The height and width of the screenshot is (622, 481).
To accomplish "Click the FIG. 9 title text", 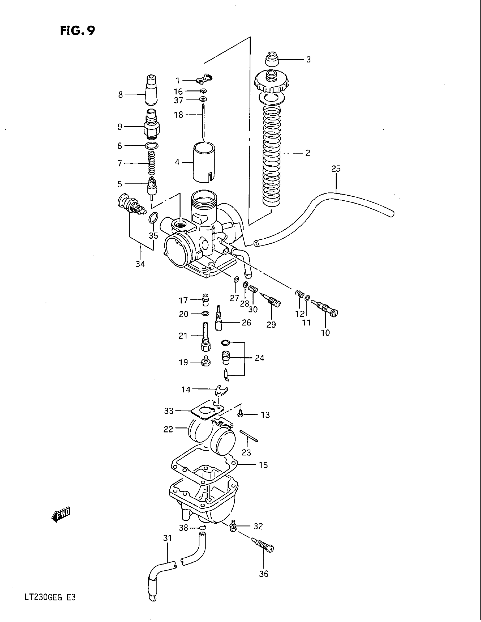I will [x=77, y=31].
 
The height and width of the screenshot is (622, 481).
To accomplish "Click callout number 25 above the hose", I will [x=336, y=169].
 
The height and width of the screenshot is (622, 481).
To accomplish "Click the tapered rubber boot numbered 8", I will [x=151, y=91].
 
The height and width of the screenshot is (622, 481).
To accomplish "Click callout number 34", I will [x=140, y=264].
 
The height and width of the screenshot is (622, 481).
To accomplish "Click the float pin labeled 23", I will [x=249, y=436].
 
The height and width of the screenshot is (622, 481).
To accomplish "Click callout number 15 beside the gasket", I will [x=263, y=465].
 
